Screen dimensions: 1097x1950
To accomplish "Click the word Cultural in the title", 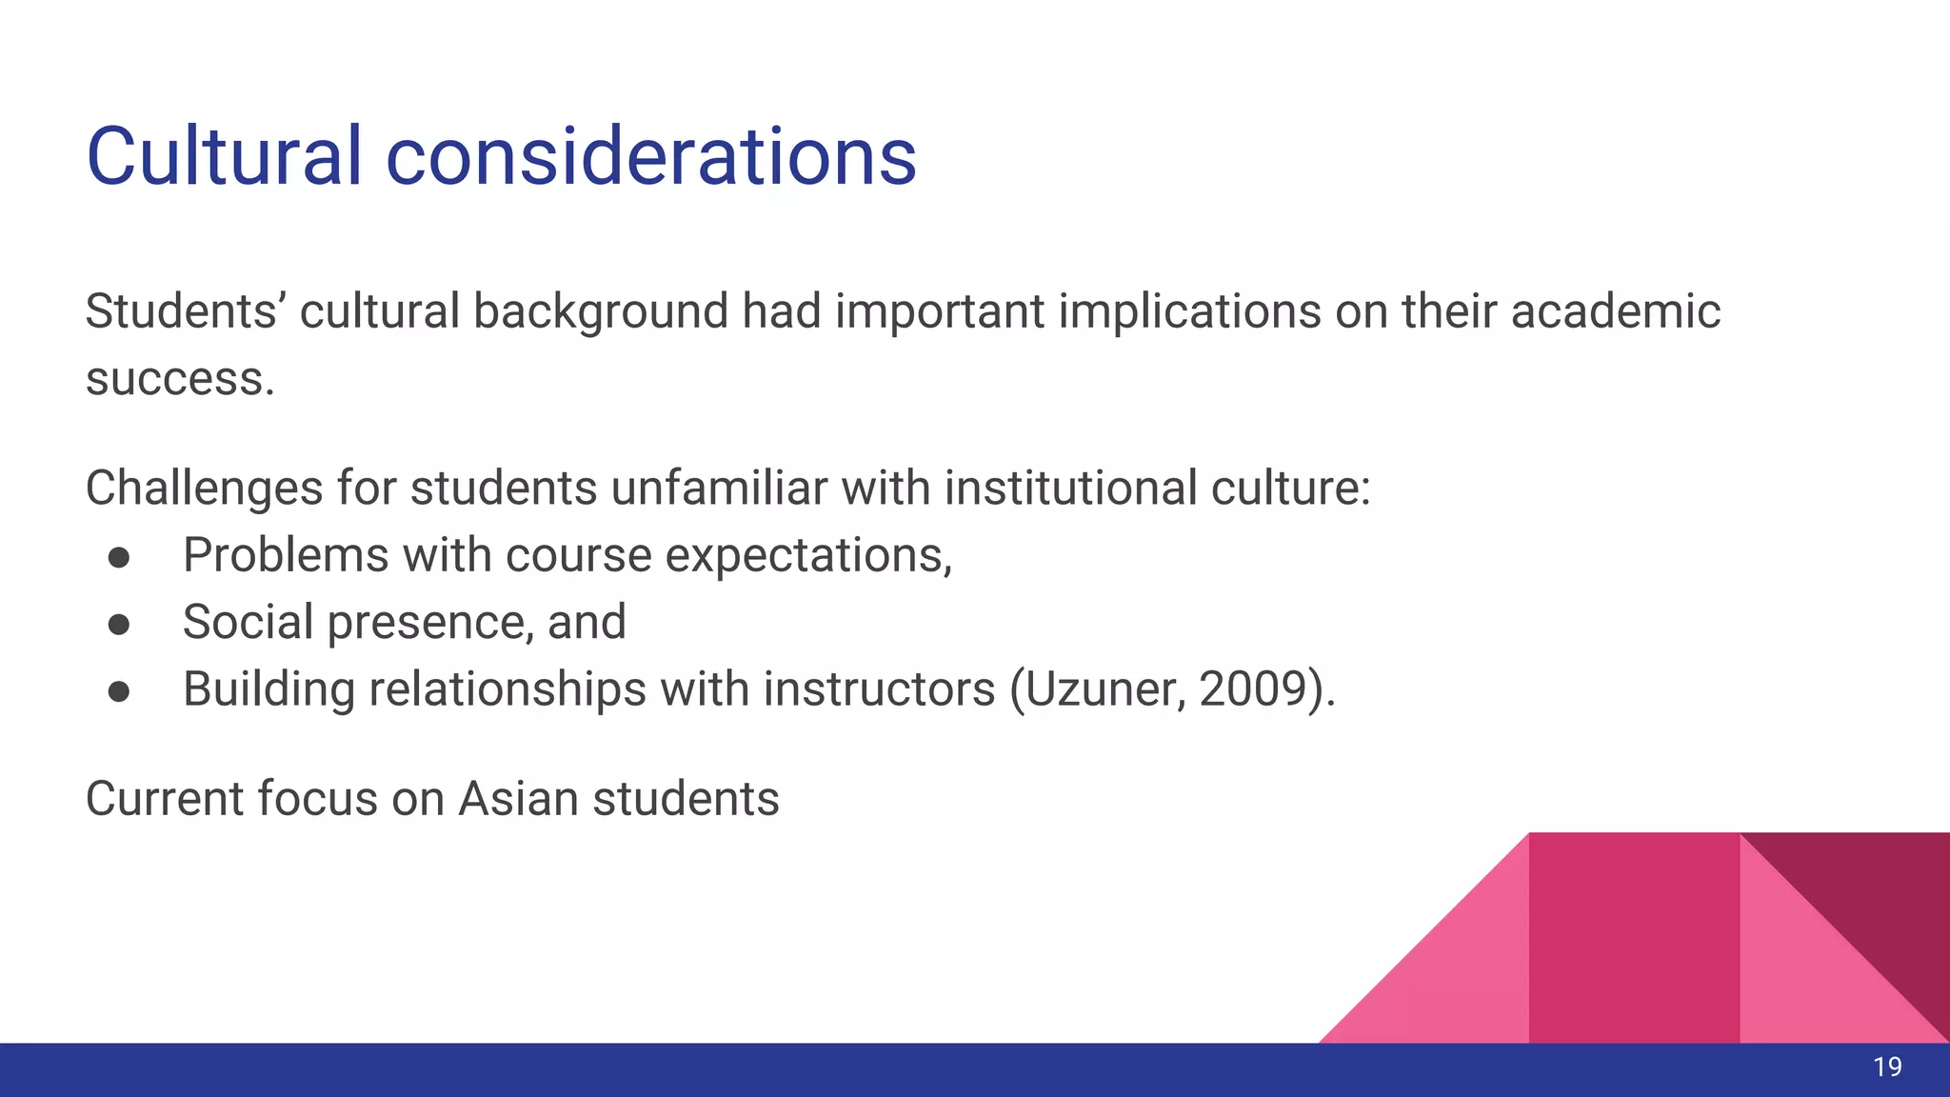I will pos(224,157).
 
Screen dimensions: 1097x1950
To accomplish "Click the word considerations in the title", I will pos(650,157).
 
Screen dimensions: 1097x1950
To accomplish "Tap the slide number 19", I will pos(1887,1067).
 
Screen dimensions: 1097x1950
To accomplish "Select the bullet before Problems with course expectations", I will pos(119,557).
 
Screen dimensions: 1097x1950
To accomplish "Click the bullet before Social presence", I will pos(119,624).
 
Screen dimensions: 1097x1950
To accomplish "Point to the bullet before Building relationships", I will pos(119,690).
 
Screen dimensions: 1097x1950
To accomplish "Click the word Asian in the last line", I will pos(518,798).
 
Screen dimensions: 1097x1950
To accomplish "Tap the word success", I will pos(179,379).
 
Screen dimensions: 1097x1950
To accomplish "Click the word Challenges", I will pos(204,489).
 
